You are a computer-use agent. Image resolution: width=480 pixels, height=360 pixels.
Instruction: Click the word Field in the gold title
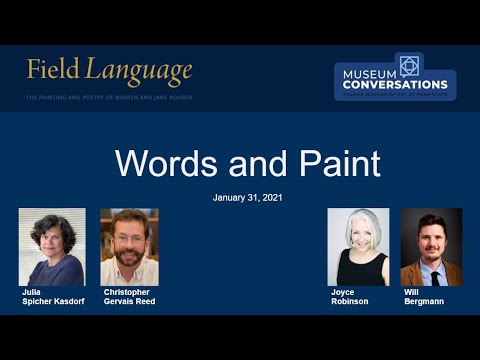53,71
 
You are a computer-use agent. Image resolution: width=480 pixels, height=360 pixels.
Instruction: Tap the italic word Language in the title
138,71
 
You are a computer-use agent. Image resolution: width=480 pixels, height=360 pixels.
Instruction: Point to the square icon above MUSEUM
408,65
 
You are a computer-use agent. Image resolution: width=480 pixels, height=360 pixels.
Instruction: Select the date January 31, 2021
247,197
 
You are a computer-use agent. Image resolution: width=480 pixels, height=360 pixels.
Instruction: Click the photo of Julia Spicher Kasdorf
52,247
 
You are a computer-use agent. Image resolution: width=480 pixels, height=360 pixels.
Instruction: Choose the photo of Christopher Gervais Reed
129,247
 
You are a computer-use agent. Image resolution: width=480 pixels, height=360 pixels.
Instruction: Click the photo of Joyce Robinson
358,247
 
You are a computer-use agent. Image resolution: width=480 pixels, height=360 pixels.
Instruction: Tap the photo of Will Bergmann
431,247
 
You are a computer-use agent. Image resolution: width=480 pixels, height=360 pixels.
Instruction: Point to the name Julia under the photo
32,292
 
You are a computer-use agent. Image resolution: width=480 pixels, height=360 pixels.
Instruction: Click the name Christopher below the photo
124,292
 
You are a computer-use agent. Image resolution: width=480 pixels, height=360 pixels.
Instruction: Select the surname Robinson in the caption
350,301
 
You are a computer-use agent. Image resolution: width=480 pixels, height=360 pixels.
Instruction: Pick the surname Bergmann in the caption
424,301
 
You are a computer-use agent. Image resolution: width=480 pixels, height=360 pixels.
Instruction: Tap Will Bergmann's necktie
434,276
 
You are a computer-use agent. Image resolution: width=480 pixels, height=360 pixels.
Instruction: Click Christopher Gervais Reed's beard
129,263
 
